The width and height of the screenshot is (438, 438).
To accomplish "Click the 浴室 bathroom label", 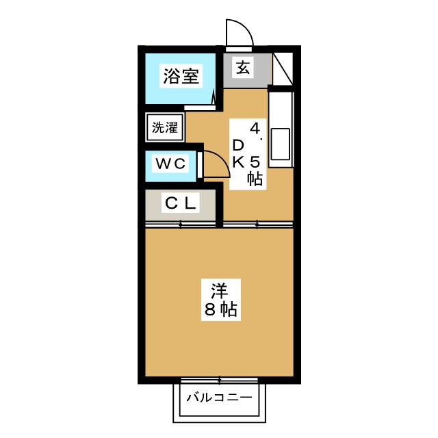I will tap(181, 76).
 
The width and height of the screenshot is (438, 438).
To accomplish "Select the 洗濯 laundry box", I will tap(164, 127).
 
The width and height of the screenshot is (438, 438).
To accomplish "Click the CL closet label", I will tap(180, 203).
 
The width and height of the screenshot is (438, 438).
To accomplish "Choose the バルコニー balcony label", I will tap(219, 397).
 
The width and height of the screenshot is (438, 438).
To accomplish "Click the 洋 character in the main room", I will tap(219, 290).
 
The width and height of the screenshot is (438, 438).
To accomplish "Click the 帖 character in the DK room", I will tap(255, 180).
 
